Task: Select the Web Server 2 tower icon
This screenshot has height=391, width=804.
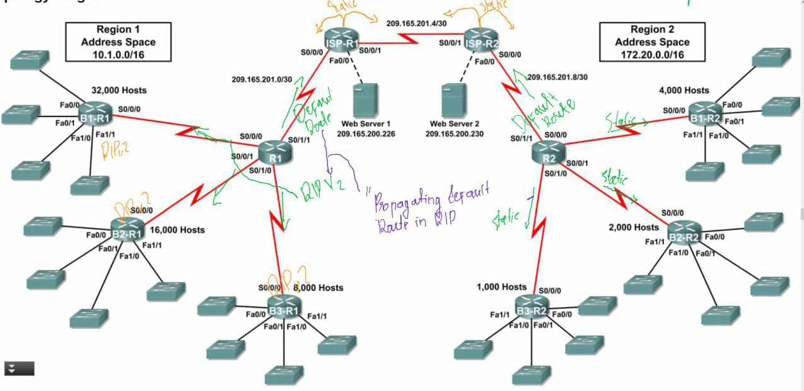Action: pos(455,100)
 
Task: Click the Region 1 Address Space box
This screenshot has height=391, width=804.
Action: pos(118,42)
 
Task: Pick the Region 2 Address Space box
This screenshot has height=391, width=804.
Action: pos(652,42)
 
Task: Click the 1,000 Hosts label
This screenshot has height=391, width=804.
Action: pos(501,287)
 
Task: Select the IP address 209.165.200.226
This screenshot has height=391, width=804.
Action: pos(366,134)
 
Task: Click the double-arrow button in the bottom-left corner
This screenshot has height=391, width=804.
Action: pos(20,368)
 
